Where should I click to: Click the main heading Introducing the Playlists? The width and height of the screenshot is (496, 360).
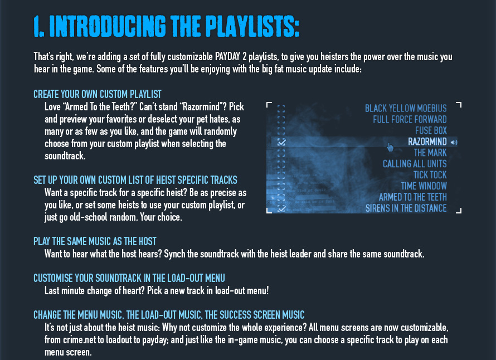167,26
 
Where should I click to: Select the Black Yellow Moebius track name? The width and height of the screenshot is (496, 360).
406,109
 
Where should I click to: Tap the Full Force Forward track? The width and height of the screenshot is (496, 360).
410,120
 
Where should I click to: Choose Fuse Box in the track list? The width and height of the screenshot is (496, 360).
431,130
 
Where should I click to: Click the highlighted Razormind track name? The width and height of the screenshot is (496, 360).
427,142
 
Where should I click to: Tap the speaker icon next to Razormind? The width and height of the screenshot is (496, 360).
454,142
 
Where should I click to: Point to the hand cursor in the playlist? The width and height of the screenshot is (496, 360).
390,147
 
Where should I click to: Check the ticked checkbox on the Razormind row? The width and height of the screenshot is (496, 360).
281,142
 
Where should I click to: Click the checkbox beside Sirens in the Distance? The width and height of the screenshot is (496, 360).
281,208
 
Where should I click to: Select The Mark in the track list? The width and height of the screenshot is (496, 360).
430,153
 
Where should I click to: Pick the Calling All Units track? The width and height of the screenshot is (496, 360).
415,164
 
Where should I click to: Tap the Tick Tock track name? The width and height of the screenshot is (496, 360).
430,175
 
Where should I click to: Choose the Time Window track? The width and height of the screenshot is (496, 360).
424,186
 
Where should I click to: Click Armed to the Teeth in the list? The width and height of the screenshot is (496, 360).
413,197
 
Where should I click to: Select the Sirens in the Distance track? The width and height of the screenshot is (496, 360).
406,208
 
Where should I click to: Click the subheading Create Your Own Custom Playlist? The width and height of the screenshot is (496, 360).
98,94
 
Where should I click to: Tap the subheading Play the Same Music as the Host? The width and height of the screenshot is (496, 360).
95,241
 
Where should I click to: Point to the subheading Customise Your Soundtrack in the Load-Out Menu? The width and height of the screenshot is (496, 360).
129,278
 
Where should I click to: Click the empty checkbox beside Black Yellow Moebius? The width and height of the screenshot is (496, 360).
281,109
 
